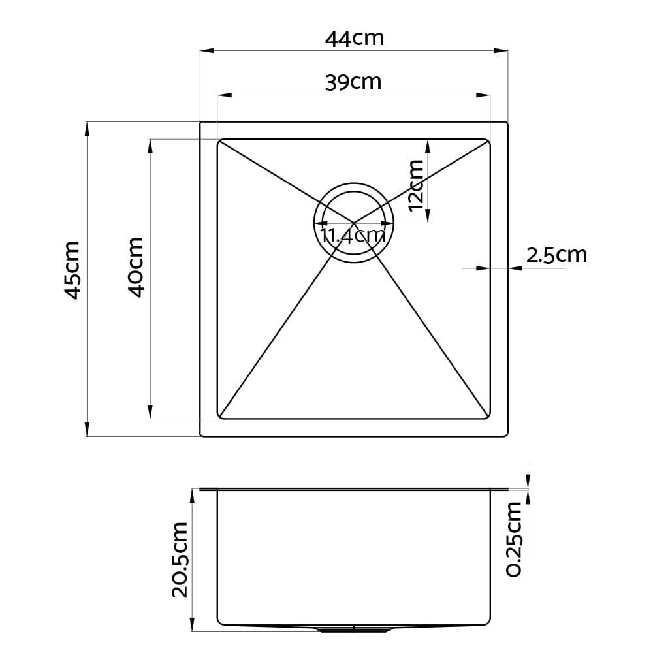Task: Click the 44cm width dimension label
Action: pos(355,39)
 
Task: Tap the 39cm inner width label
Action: pos(353,82)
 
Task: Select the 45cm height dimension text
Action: pos(72,270)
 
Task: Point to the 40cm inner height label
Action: pos(136,267)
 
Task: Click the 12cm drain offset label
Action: pos(416,185)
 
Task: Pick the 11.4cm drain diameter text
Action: pos(353,236)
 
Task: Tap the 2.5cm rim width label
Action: pos(556,255)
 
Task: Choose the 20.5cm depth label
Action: pos(180,560)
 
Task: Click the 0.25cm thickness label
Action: pos(514,539)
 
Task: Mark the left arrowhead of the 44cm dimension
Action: pos(207,51)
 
